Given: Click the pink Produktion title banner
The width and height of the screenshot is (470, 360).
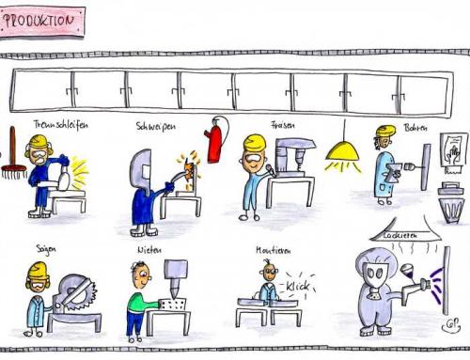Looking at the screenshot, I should (42, 22).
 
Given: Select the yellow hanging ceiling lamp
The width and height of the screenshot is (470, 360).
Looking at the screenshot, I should (342, 150).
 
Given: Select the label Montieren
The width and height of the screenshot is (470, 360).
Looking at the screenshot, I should (272, 250).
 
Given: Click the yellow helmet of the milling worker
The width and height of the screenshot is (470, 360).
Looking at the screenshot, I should (254, 144).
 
